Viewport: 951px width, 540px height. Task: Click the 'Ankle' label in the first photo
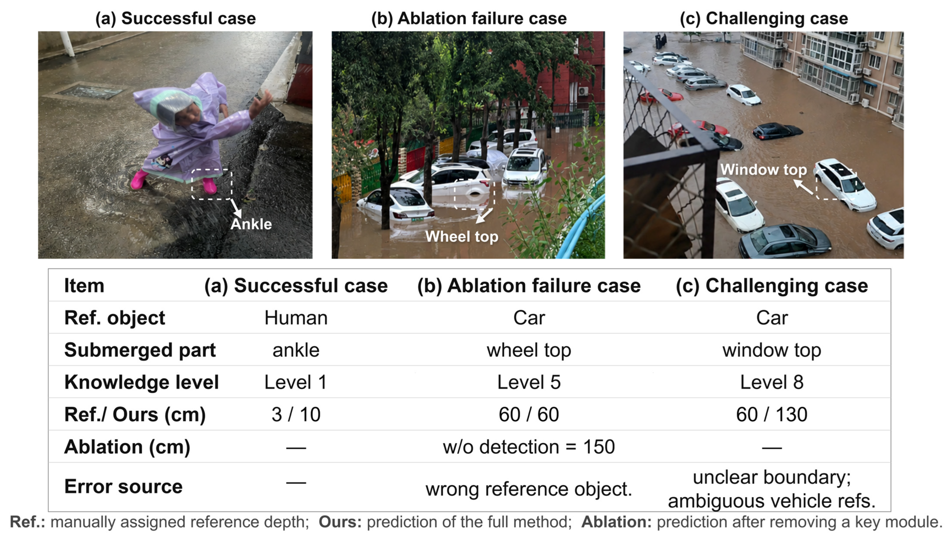[251, 224]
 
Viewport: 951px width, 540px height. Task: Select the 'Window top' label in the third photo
[763, 170]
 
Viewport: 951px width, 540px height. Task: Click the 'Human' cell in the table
[296, 318]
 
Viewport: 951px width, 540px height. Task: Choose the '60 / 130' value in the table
[772, 414]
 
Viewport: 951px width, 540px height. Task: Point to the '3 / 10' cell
[296, 414]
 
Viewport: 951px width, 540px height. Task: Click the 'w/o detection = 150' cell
[529, 447]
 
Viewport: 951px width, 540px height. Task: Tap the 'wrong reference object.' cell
[529, 489]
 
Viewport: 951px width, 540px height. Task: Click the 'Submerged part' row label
[140, 350]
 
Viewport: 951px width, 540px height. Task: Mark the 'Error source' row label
[123, 486]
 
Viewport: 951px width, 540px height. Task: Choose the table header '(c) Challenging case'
[772, 286]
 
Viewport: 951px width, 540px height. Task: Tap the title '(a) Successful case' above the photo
[175, 18]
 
